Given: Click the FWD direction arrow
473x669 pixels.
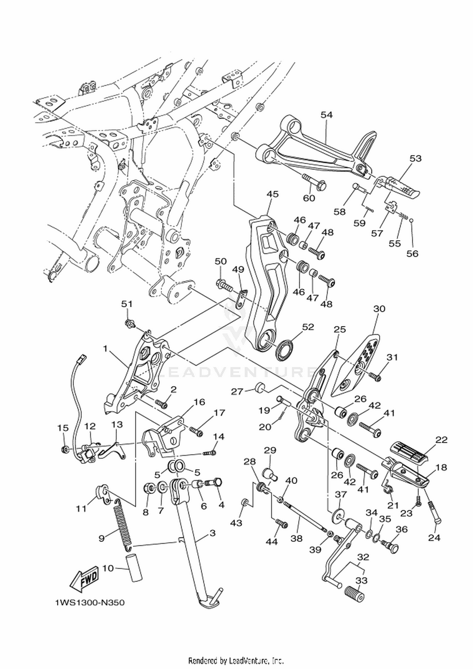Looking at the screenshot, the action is tap(84, 579).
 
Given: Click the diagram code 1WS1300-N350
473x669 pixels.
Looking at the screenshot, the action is tap(90, 603).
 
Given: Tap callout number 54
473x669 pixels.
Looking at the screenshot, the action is tap(327, 115).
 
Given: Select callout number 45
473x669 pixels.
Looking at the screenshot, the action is tap(272, 194).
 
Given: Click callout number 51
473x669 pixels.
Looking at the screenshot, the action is tap(127, 304).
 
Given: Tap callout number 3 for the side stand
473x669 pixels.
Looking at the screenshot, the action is tap(213, 533).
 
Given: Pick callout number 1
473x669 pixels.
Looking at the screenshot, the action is tap(105, 348).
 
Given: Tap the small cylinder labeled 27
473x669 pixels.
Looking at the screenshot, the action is tap(260, 387).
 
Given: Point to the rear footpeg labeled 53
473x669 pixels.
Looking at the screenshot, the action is tap(398, 188).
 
